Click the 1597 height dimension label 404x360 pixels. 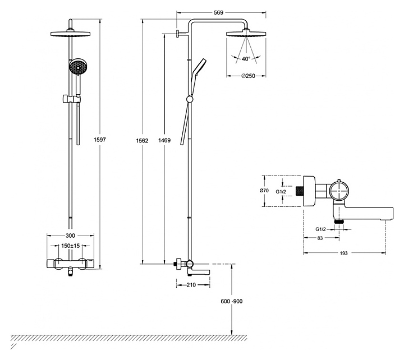coord(100,140)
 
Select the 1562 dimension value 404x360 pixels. coord(142,141)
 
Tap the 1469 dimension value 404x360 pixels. coord(164,140)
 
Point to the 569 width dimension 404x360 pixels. coord(218,13)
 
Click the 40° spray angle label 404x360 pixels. coord(246,59)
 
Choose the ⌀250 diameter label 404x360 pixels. coord(248,76)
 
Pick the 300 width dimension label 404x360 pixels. coord(70,236)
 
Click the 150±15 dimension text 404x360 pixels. coord(70,246)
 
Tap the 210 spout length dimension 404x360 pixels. coord(191,285)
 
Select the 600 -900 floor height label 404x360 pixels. coord(232,301)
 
